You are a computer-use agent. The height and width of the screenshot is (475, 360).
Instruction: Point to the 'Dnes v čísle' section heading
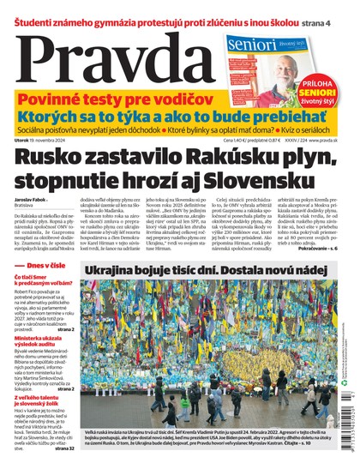40,267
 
